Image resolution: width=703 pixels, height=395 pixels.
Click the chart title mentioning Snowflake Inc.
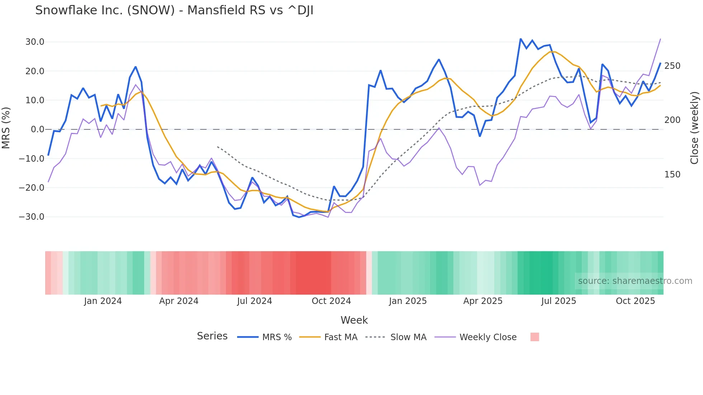click(174, 10)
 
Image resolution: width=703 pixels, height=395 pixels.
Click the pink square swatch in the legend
click(534, 337)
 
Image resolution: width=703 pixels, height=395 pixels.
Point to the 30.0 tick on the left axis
click(35, 42)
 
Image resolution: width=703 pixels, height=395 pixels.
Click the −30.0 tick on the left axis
click(32, 217)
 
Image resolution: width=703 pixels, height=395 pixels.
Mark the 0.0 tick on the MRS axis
click(37, 129)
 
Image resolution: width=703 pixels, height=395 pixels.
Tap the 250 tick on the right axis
click(672, 66)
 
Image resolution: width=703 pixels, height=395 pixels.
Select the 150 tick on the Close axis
click(672, 175)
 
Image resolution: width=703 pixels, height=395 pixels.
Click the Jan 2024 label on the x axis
click(103, 301)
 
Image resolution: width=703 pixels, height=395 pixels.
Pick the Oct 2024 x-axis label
click(331, 301)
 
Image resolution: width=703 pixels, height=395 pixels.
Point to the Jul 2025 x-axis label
click(558, 301)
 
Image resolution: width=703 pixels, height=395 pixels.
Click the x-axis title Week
click(354, 320)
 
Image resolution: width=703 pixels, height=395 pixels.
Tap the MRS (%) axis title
click(6, 128)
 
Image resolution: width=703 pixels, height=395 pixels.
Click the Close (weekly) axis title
click(694, 128)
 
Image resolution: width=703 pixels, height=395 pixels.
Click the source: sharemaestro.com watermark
click(635, 281)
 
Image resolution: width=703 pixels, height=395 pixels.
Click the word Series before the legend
click(212, 336)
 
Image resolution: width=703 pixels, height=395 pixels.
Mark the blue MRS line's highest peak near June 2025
click(520, 39)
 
